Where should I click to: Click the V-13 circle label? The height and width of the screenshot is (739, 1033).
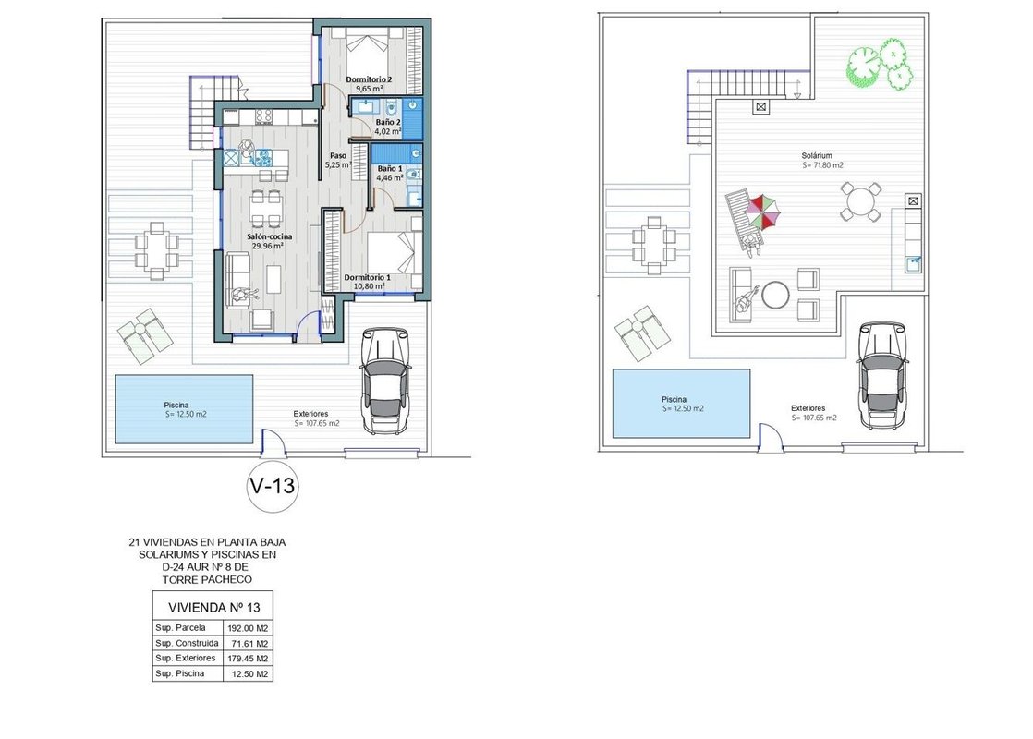pyautogui.click(x=272, y=486)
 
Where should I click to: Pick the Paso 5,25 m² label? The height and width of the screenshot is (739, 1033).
pyautogui.click(x=338, y=160)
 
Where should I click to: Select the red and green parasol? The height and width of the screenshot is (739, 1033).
pyautogui.click(x=764, y=212)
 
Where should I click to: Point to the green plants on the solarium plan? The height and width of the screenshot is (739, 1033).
pyautogui.click(x=878, y=63)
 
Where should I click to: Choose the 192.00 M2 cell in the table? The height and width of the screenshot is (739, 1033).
pyautogui.click(x=248, y=628)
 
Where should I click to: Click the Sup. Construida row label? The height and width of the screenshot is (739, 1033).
pyautogui.click(x=187, y=643)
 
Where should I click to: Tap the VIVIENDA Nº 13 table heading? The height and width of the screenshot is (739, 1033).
pyautogui.click(x=214, y=607)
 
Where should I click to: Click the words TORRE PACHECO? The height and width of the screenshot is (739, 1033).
pyautogui.click(x=207, y=579)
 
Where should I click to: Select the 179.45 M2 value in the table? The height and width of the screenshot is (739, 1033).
pyautogui.click(x=248, y=659)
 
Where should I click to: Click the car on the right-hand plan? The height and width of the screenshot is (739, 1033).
pyautogui.click(x=882, y=374)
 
